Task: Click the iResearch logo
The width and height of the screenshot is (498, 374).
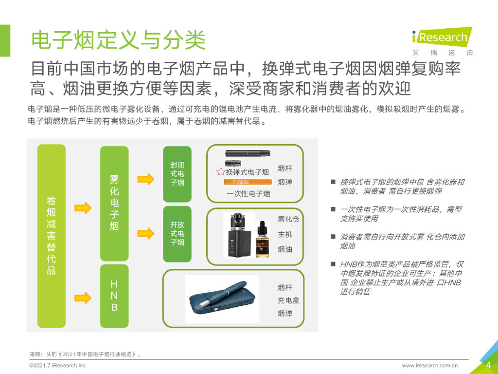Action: tap(442, 41)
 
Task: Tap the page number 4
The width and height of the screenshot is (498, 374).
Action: tap(488, 365)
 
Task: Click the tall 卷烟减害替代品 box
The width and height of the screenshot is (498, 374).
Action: tap(52, 236)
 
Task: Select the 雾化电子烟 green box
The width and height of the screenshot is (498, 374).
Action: tap(114, 204)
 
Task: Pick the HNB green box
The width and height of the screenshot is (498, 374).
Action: tap(114, 296)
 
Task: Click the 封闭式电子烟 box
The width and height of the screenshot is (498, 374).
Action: tap(177, 174)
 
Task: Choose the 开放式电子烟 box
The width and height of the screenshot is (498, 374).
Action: tap(177, 234)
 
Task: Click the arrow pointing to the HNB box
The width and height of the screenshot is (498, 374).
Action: tap(83, 298)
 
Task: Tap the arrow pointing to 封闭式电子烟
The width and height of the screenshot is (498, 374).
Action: tap(146, 179)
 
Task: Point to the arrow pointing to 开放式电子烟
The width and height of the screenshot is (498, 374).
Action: tap(146, 233)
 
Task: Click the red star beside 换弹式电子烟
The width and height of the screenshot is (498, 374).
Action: tap(221, 172)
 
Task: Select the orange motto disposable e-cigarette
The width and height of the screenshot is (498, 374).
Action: tap(248, 182)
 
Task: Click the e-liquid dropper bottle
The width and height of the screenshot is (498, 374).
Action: tap(262, 239)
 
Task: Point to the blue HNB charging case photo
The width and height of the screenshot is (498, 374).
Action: tap(222, 299)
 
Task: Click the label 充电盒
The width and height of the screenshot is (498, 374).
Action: tap(288, 300)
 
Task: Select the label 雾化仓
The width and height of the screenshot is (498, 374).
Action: tap(288, 219)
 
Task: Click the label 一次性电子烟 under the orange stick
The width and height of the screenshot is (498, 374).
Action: tap(249, 194)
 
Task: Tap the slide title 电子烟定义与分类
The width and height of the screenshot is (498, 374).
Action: tap(119, 40)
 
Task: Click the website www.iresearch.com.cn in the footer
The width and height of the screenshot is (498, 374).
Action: tap(430, 366)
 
